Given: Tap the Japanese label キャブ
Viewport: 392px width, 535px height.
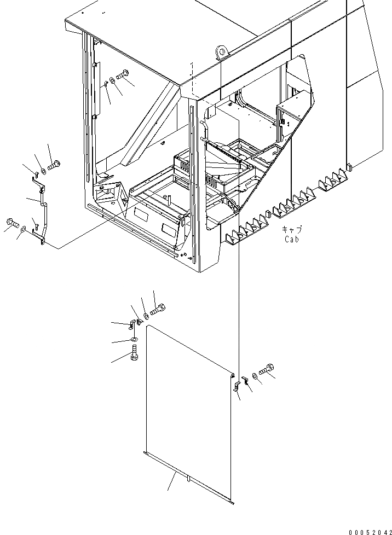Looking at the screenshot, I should [292, 230].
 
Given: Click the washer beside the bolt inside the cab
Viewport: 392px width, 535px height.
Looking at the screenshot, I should [112, 80].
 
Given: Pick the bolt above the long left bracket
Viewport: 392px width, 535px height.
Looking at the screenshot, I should [54, 165].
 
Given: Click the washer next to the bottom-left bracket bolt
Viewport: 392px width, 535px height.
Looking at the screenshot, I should [22, 231].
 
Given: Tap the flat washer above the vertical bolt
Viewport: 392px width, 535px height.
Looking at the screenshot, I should [134, 341].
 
